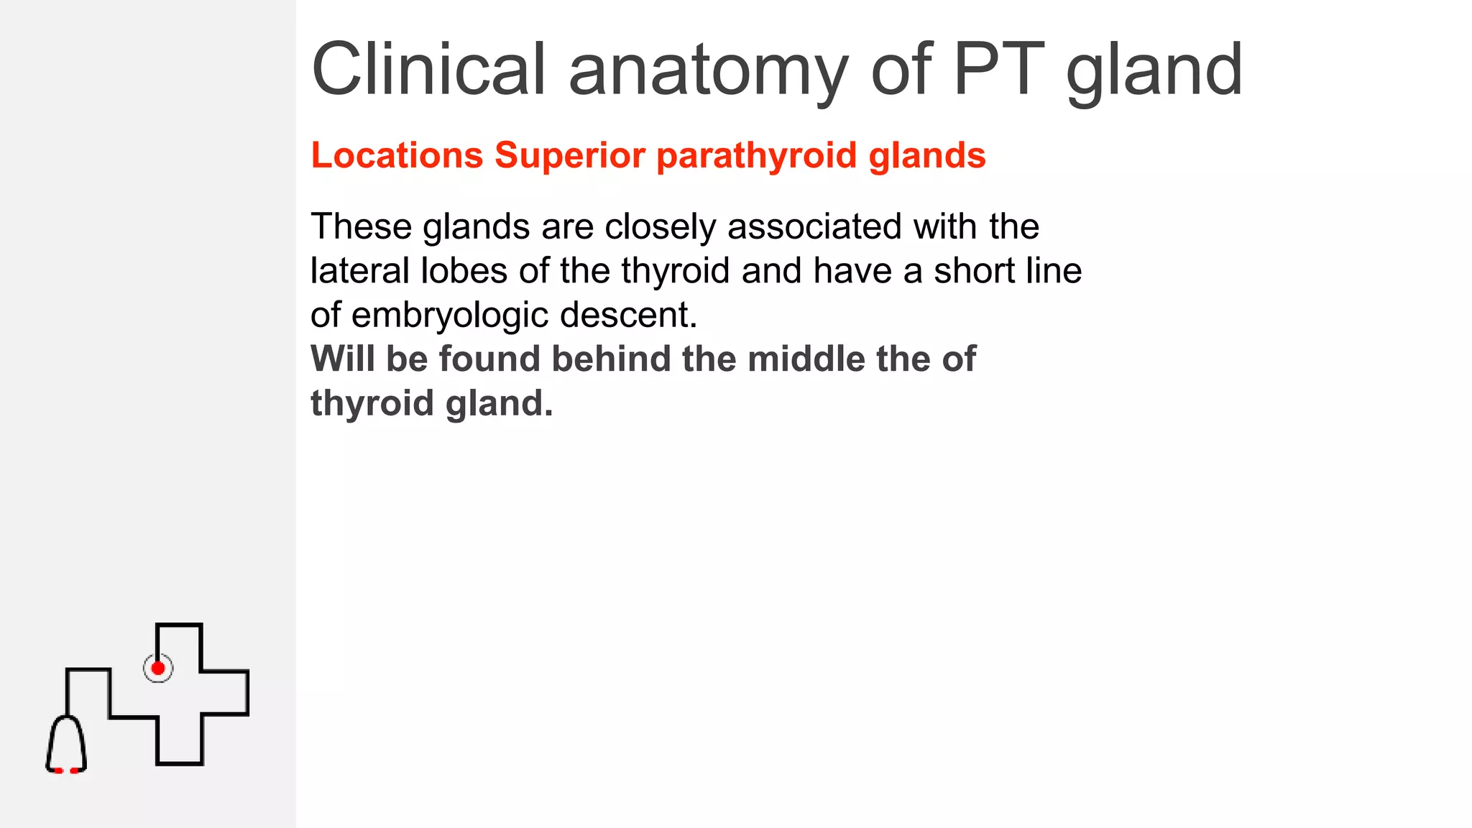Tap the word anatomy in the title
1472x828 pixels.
coord(708,70)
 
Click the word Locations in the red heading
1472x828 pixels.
coord(397,155)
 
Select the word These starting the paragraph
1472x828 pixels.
coord(361,227)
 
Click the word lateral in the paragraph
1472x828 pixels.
coord(360,271)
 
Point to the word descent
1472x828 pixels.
coord(628,316)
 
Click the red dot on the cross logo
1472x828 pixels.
coord(158,668)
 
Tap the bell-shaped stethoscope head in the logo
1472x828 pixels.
coord(66,745)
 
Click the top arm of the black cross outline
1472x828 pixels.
coord(179,647)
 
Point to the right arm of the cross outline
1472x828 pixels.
coord(224,693)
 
